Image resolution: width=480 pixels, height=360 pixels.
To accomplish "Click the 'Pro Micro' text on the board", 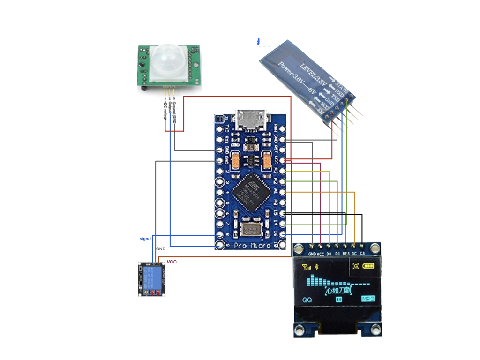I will pos(254,245).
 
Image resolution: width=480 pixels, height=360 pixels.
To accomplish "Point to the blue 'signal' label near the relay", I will pos(146,239).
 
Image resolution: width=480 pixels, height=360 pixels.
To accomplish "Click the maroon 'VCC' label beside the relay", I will pos(172,262).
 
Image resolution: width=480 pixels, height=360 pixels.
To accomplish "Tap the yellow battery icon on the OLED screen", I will pos(368,266).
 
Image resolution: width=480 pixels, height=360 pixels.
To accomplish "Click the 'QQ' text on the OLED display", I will pos(307,300).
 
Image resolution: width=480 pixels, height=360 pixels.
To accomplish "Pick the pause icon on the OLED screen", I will pos(337,299).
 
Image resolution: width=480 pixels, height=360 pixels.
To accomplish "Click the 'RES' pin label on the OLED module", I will pos(346,254).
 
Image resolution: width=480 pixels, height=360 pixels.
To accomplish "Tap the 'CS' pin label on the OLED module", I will pos(362,254).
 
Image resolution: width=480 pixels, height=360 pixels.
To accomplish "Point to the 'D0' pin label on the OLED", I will pos(329,254).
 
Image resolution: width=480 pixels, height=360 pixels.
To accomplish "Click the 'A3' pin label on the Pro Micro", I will pos(276,171).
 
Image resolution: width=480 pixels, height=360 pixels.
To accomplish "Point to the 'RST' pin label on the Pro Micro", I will pos(276,149).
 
